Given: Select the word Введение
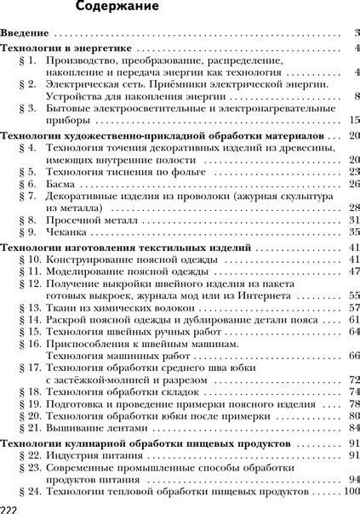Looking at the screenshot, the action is [x=26, y=34].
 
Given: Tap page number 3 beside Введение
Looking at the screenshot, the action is [x=357, y=34].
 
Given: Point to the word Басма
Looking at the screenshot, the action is [x=60, y=183].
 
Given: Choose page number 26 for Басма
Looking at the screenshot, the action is [x=354, y=183].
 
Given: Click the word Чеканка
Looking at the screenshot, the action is [x=65, y=231].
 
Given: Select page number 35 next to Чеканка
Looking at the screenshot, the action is [x=354, y=231].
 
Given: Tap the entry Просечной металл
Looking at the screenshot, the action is [x=89, y=220].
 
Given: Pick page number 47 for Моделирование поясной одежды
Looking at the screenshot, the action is [x=354, y=272].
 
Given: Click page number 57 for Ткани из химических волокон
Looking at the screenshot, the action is [x=354, y=308].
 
